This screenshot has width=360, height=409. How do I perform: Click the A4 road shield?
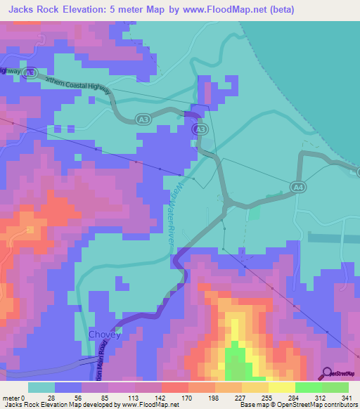tap(298, 186)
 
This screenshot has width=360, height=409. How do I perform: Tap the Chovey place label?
tap(104, 335)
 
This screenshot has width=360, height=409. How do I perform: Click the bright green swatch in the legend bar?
tap(309, 387)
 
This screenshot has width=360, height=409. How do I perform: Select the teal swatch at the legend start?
tap(41, 387)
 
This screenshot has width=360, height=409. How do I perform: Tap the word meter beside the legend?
tap(10, 397)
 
